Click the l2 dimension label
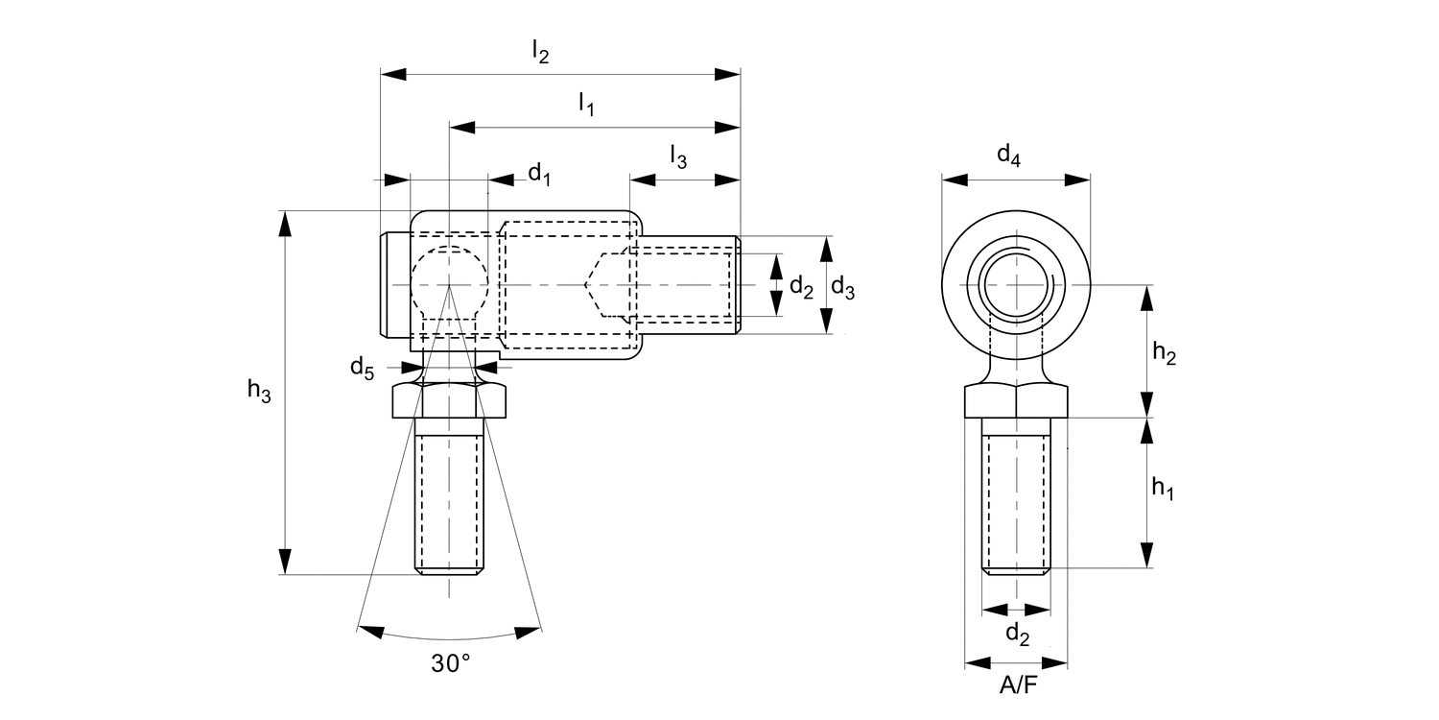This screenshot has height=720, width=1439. [541, 54]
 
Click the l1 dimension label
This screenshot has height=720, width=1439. [586, 105]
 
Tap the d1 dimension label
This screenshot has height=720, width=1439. [540, 174]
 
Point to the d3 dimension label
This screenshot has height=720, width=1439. [843, 286]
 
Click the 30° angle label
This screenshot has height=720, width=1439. [450, 663]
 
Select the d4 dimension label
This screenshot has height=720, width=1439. [1008, 154]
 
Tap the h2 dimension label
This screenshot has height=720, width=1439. [1165, 354]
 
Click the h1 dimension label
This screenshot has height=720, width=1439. [1164, 489]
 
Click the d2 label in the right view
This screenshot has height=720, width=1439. [1017, 634]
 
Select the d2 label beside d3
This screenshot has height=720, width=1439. [801, 286]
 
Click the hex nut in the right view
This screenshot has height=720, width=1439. [1016, 400]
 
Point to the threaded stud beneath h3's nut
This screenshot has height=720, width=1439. [449, 499]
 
